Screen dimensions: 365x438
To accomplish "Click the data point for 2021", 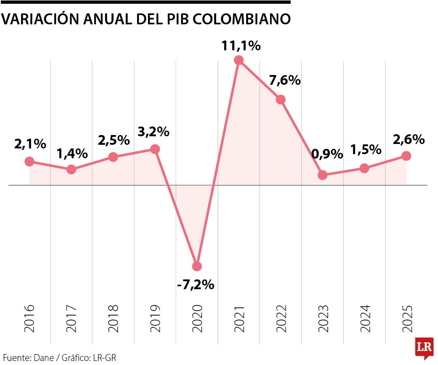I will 239,60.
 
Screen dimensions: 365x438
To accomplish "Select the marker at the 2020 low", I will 197,266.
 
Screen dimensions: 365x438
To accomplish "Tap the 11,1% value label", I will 240,46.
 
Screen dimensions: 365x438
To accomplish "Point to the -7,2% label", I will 195,285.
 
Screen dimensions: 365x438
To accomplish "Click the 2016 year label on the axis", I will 29,318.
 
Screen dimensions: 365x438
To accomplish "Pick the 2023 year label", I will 323,318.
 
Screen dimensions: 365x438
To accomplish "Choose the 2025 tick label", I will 407,318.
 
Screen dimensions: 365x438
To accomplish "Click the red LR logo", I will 424,348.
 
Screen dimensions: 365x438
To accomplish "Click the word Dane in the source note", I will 42,358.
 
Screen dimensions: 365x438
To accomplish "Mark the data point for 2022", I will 281,99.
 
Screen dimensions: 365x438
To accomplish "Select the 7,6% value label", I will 285,80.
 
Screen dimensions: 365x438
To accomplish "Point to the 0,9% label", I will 327,154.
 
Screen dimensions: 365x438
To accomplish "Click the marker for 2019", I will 155,149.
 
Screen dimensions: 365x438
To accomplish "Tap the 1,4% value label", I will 72,154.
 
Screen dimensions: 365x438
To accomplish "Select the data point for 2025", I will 406,156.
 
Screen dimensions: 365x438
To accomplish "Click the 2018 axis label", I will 113,318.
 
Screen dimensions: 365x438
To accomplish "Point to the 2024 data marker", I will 365,168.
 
